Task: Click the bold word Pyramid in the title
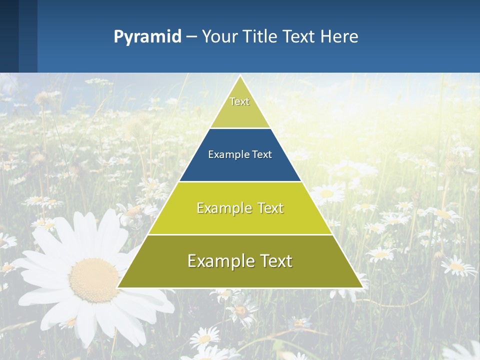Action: pos(147,36)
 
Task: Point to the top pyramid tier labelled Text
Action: pos(239,105)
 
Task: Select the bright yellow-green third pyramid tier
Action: pos(240,220)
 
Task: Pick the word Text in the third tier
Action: pos(269,208)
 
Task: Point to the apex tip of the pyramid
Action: pos(240,76)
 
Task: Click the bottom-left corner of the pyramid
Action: pos(118,287)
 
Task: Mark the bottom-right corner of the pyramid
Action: pos(362,287)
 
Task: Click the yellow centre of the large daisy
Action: pos(94,280)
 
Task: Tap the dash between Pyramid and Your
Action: pos(191,37)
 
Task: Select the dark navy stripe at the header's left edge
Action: pos(9,36)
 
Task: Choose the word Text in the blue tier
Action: pos(262,154)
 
